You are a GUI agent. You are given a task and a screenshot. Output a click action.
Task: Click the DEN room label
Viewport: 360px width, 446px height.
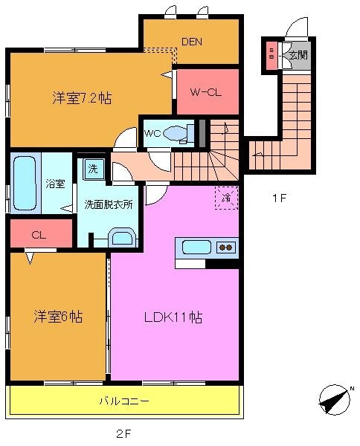190,42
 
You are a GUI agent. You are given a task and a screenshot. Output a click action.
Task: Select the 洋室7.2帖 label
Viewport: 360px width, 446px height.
82,97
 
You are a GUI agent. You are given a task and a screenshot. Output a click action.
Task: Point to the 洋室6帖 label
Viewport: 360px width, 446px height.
57,317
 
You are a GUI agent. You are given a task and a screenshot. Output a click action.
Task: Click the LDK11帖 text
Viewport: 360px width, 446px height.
173,317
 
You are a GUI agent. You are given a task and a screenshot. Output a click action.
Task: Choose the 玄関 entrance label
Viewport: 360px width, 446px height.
298,54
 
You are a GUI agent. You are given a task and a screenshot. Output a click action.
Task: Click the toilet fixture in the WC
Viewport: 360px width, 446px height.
177,134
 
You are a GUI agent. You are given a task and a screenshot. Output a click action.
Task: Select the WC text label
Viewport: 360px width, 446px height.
152,134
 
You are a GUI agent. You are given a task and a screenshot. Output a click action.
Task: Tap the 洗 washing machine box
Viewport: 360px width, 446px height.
92,168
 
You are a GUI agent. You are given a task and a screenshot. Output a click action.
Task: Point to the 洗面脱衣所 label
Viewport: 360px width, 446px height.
108,204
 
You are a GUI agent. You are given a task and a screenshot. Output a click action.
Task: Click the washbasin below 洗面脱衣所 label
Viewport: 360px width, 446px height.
121,238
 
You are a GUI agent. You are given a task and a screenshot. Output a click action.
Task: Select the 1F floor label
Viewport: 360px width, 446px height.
278,198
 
